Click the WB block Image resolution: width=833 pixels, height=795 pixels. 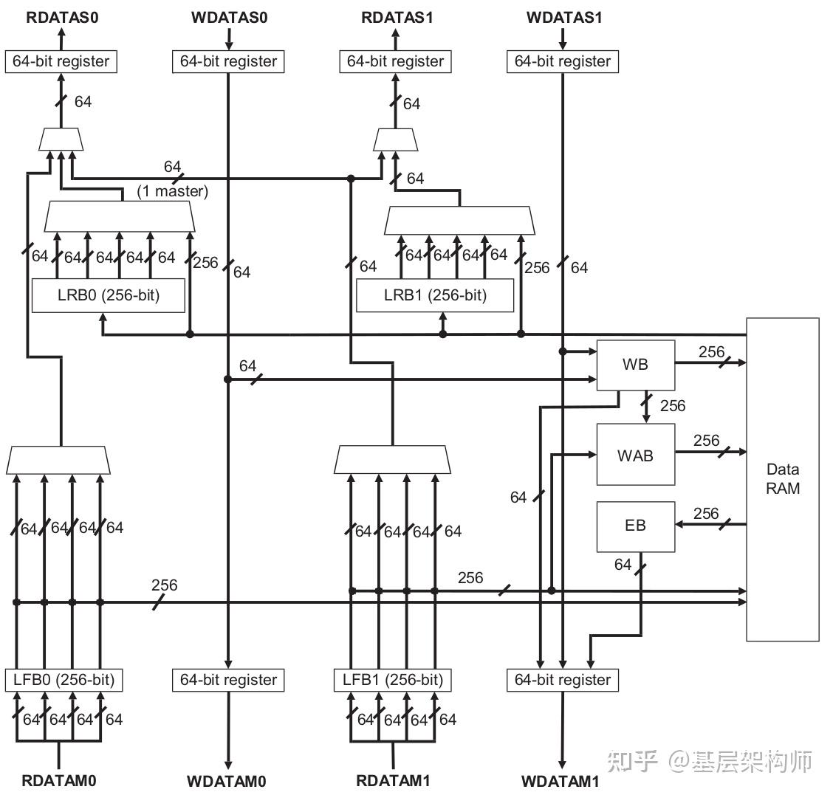click(x=635, y=365)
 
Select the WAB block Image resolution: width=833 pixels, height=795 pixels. click(x=635, y=455)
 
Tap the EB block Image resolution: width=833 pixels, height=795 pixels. click(x=635, y=526)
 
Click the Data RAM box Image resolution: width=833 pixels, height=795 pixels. click(x=782, y=479)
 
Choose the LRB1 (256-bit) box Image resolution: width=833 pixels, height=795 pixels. click(x=435, y=295)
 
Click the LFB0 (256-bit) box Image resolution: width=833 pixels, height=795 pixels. click(x=65, y=679)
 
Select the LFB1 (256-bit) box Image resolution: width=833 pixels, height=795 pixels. click(x=393, y=679)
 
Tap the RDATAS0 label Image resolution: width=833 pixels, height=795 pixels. click(x=62, y=17)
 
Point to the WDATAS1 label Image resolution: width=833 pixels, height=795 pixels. click(x=564, y=17)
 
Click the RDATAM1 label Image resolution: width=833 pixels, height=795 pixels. click(x=393, y=780)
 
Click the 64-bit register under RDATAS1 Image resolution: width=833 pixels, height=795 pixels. click(x=395, y=61)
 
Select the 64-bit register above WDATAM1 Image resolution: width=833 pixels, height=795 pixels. click(x=563, y=680)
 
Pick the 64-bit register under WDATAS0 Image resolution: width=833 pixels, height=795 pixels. click(x=228, y=61)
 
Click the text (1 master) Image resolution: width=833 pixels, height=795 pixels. click(x=173, y=191)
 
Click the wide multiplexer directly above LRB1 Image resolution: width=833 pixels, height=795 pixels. click(x=459, y=219)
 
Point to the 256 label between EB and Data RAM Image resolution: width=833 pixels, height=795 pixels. click(x=706, y=513)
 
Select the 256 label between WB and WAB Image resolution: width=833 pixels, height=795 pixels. click(x=672, y=405)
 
